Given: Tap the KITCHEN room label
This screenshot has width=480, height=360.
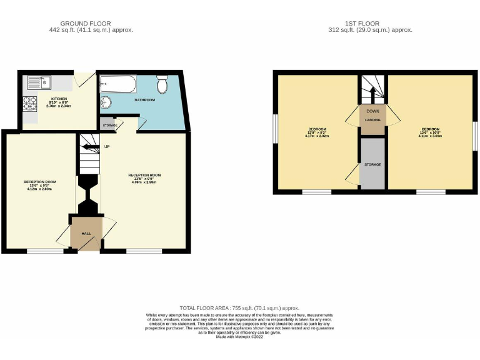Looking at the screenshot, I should point(59,99).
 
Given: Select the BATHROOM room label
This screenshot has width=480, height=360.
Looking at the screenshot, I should point(144,100).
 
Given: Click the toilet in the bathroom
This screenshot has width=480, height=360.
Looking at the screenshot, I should point(162,84).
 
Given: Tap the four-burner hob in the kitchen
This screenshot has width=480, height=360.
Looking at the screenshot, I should point(30,104).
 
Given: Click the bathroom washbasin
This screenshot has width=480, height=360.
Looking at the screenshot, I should point(105,102).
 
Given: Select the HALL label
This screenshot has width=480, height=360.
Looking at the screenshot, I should point(86,232).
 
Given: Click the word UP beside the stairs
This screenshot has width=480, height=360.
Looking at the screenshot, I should point(107,147).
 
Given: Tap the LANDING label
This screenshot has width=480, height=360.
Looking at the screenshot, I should point(372,119).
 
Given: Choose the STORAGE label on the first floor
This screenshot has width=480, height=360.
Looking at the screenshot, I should point(373,164).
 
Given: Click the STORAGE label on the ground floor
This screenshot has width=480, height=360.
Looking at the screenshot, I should point(108,125).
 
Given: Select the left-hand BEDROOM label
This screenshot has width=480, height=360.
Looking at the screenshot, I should point(317,129).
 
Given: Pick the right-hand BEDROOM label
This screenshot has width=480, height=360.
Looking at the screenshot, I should point(431,129).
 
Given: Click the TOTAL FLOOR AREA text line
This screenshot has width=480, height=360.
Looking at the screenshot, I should point(239,308).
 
